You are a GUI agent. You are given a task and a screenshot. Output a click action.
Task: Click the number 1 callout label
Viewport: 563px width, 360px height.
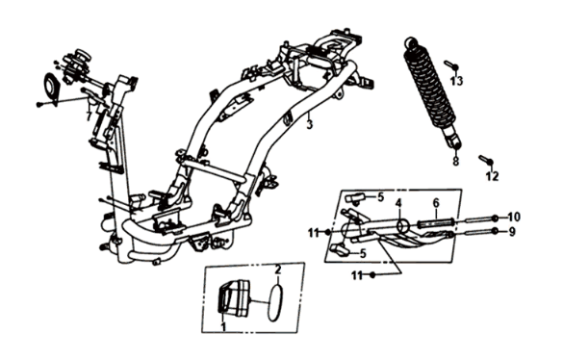click(x=224, y=328)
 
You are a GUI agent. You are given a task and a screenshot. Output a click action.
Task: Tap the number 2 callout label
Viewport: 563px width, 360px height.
click(x=277, y=270)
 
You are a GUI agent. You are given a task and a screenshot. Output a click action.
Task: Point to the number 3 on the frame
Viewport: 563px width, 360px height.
click(x=309, y=126)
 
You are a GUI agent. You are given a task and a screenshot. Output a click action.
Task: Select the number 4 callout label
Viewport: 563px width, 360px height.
click(x=397, y=203)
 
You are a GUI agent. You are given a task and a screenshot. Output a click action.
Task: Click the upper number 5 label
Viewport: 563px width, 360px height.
click(x=380, y=197)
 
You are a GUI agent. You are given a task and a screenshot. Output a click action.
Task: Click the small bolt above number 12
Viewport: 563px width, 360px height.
click(x=486, y=160)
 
